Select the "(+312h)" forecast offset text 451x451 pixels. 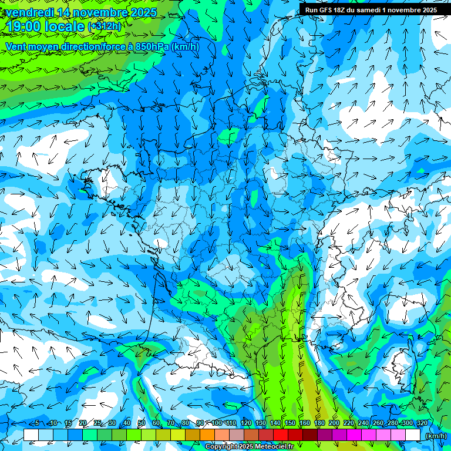[x=105, y=26]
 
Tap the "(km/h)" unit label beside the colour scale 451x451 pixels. [x=436, y=436]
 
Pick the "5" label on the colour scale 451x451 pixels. [x=37, y=423]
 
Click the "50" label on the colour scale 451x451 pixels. [x=141, y=423]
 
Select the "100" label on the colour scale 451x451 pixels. [x=217, y=423]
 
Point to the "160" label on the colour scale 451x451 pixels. [x=305, y=423]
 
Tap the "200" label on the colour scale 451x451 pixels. [x=334, y=423]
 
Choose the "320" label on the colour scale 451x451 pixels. [x=422, y=423]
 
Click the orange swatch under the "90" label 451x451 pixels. [x=207, y=435]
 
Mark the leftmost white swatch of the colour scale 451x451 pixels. [x=31, y=435]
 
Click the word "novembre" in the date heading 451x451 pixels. [x=102, y=12]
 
